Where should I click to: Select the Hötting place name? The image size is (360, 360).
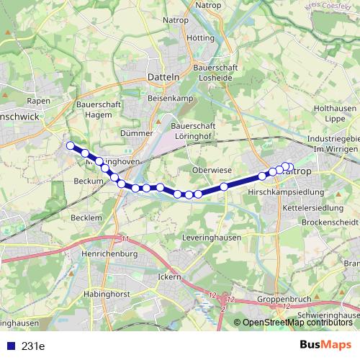point(200,37)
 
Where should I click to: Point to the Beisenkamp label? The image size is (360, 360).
point(167,96)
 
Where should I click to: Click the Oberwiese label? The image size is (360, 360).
point(212,170)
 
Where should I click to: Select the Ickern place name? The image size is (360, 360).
point(169,276)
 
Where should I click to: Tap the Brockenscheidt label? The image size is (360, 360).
point(330,222)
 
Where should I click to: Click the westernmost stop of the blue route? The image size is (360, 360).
point(71,146)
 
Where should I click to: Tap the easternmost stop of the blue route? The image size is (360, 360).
point(289,167)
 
